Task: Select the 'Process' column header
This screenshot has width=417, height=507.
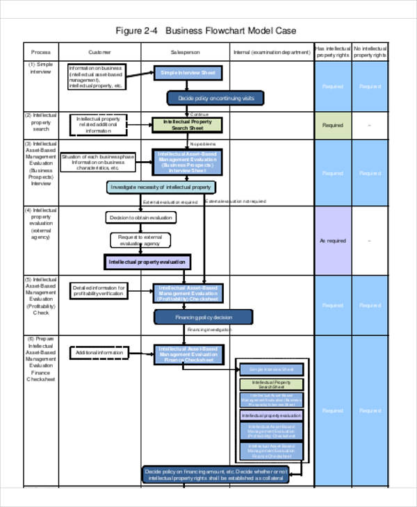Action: tap(41, 52)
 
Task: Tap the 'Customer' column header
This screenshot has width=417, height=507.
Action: tap(99, 52)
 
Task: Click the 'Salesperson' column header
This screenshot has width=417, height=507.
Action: tap(186, 52)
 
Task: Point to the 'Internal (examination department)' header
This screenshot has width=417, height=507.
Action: tap(272, 52)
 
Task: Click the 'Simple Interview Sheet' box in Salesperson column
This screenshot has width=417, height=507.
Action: tap(188, 73)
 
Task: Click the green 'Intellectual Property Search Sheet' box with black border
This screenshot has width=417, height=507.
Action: tap(187, 125)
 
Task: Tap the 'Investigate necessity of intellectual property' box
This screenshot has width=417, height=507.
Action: tap(161, 188)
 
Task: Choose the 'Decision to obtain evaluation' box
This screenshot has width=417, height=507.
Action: tap(141, 218)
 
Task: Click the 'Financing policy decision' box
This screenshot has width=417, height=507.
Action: tap(203, 317)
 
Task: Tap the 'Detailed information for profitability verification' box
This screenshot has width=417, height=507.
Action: tap(99, 291)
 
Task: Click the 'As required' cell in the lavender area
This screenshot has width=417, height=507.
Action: tap(332, 241)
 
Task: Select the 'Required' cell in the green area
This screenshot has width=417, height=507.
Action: tap(332, 126)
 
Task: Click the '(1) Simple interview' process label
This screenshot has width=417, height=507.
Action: tap(41, 67)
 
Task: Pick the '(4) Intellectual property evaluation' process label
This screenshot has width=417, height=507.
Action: tap(41, 224)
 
